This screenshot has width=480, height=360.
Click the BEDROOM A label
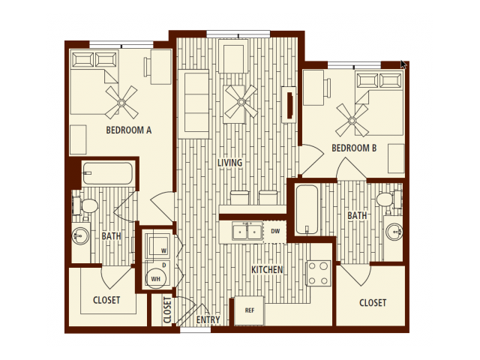pyautogui.click(x=128, y=130)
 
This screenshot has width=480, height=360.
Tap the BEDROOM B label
pyautogui.click(x=354, y=148)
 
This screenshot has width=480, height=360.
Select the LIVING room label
pyautogui.click(x=230, y=163)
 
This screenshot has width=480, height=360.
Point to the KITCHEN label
pyautogui.click(x=267, y=270)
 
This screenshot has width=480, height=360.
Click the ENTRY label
pyautogui.click(x=208, y=319)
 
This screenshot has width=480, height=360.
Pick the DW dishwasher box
pyautogui.click(x=275, y=232)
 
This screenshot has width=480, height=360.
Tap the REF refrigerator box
pyautogui.click(x=249, y=310)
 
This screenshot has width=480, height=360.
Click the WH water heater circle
pyautogui.click(x=155, y=279)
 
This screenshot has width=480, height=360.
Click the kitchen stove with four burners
pyautogui.click(x=318, y=273)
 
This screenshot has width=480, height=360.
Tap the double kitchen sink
pyautogui.click(x=247, y=232)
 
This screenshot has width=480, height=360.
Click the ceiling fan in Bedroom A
pyautogui.click(x=121, y=103)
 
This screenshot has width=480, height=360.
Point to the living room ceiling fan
pyautogui.click(x=241, y=102)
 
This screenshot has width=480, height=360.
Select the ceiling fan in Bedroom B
pyautogui.click(x=352, y=120)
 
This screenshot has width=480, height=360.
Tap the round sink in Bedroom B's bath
pyautogui.click(x=394, y=232)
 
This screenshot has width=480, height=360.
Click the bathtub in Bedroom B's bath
pyautogui.click(x=307, y=210)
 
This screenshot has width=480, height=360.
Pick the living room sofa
pyautogui.click(x=193, y=104)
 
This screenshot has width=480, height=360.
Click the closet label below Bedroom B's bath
pyautogui.click(x=373, y=303)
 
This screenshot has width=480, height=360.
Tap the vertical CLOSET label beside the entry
pyautogui.click(x=167, y=310)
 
